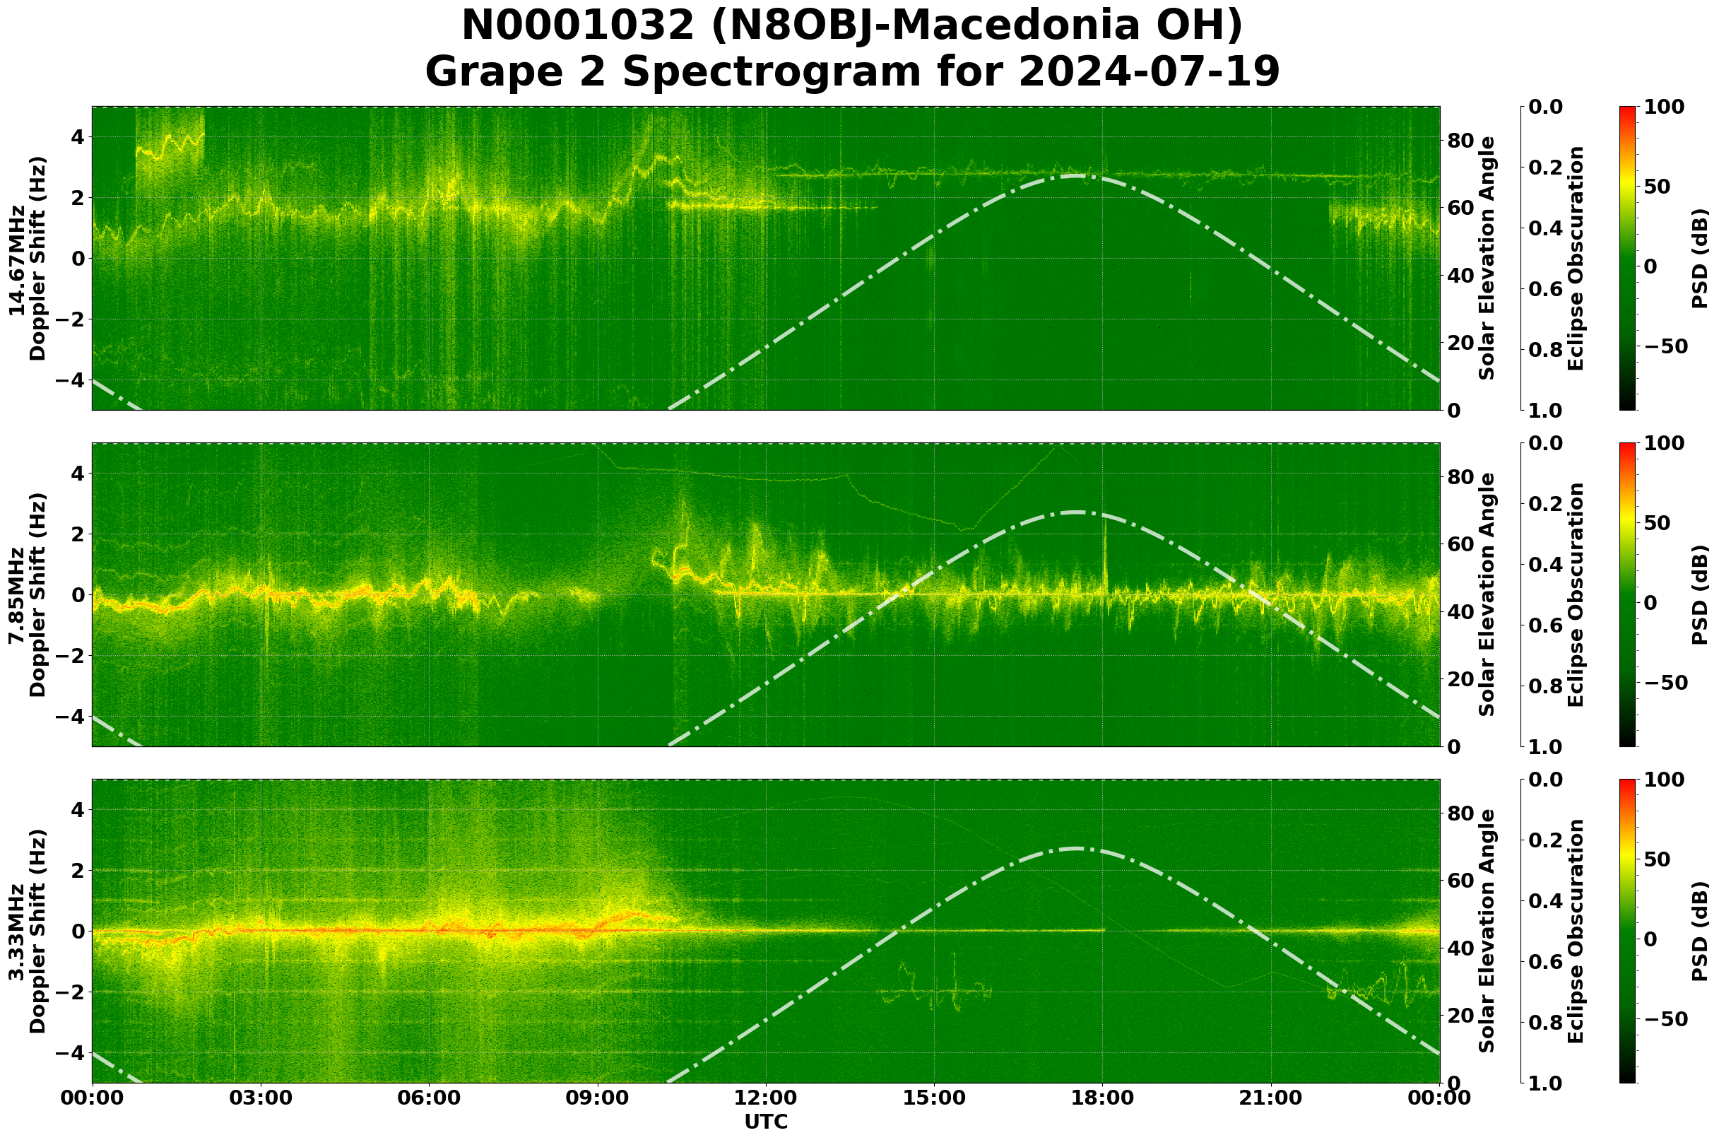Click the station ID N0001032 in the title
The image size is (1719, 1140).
[579, 26]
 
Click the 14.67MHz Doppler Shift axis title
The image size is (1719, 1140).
[28, 259]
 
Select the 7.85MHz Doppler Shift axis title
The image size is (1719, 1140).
[28, 594]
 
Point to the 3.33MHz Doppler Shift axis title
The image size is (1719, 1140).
[28, 932]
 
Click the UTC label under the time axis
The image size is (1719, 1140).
[765, 1122]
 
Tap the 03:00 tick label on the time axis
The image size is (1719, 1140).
[260, 1098]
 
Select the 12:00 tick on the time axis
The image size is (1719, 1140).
[765, 1098]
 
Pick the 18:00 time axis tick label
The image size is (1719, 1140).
[1103, 1098]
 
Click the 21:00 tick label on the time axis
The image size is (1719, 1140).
[1271, 1098]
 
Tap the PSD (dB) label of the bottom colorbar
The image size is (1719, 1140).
[1699, 932]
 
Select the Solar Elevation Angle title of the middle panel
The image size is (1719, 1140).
[1487, 594]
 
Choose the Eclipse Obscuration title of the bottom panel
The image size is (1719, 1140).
[1575, 932]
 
